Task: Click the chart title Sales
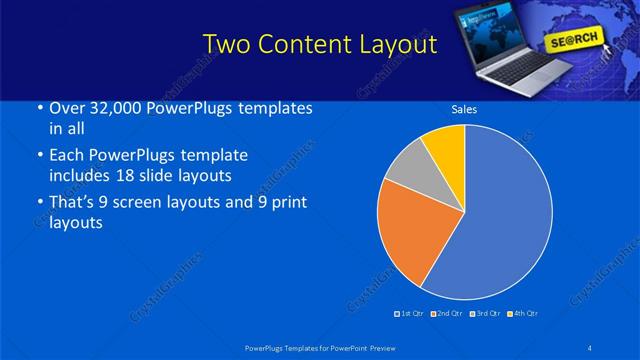(x=464, y=109)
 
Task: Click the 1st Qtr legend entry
(x=410, y=314)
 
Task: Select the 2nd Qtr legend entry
(x=446, y=314)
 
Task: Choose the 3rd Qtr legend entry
(x=483, y=314)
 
